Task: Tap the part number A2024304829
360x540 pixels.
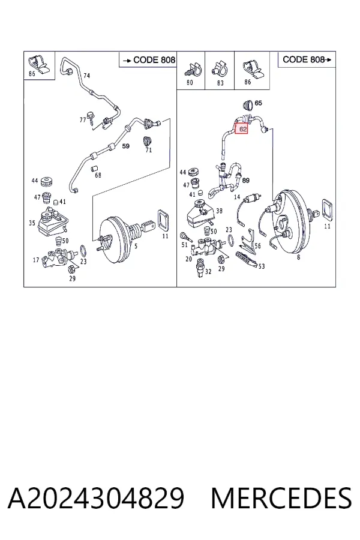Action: tap(96, 499)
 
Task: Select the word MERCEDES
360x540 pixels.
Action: tap(281, 499)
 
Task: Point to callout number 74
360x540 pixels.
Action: tap(86, 76)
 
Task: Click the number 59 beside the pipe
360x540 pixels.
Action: tap(126, 146)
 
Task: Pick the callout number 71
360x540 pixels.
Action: tap(149, 150)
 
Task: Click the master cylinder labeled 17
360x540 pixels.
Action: tap(57, 258)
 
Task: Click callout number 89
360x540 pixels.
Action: tap(246, 181)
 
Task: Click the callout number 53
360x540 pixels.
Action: tap(262, 266)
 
